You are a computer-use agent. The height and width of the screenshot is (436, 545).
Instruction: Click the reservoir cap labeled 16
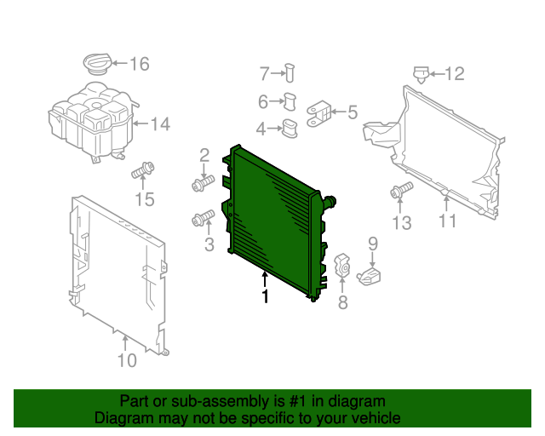click(97, 64)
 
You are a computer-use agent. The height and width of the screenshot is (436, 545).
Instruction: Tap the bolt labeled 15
click(143, 170)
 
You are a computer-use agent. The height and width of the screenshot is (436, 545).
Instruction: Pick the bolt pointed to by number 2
click(204, 183)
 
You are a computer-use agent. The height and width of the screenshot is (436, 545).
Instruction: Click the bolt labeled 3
click(204, 218)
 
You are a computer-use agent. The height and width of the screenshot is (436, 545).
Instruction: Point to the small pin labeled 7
click(290, 73)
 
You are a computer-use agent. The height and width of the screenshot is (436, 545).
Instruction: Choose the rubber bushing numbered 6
click(290, 101)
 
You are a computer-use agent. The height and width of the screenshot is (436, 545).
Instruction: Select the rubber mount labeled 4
click(290, 129)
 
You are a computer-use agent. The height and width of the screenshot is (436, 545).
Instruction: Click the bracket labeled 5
click(318, 114)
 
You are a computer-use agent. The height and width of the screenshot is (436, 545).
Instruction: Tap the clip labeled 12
click(421, 74)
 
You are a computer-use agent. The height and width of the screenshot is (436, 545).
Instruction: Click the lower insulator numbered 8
click(342, 264)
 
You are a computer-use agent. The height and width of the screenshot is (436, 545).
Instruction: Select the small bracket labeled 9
click(369, 276)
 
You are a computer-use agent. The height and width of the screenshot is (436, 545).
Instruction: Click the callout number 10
click(127, 360)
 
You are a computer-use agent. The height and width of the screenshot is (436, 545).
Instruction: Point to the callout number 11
click(447, 221)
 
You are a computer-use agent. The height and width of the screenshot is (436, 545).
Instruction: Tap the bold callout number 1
click(266, 296)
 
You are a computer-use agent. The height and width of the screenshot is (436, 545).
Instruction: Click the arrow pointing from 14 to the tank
click(141, 123)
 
